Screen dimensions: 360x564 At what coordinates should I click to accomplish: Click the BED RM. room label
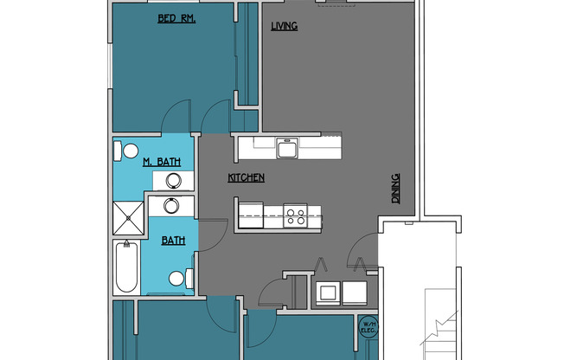(176, 19)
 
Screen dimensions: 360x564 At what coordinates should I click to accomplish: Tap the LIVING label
(284, 26)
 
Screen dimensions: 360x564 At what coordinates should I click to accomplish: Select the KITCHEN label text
(246, 178)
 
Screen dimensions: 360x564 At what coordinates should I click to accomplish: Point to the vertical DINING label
(396, 189)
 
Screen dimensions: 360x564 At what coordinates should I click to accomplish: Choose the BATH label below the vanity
(173, 241)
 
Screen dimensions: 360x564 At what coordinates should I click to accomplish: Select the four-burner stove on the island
(295, 215)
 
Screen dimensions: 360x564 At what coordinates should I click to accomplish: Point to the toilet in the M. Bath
(125, 151)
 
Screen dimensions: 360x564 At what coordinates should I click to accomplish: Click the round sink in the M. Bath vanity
(174, 181)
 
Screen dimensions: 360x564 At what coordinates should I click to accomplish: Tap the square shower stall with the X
(128, 219)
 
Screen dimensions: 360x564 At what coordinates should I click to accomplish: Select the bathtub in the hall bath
(125, 268)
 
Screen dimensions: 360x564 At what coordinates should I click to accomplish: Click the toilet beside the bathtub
(180, 278)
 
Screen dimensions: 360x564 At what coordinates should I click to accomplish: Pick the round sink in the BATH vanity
(170, 206)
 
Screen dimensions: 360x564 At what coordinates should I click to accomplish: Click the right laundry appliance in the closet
(356, 292)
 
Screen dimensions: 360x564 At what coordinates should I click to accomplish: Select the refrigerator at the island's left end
(248, 214)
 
